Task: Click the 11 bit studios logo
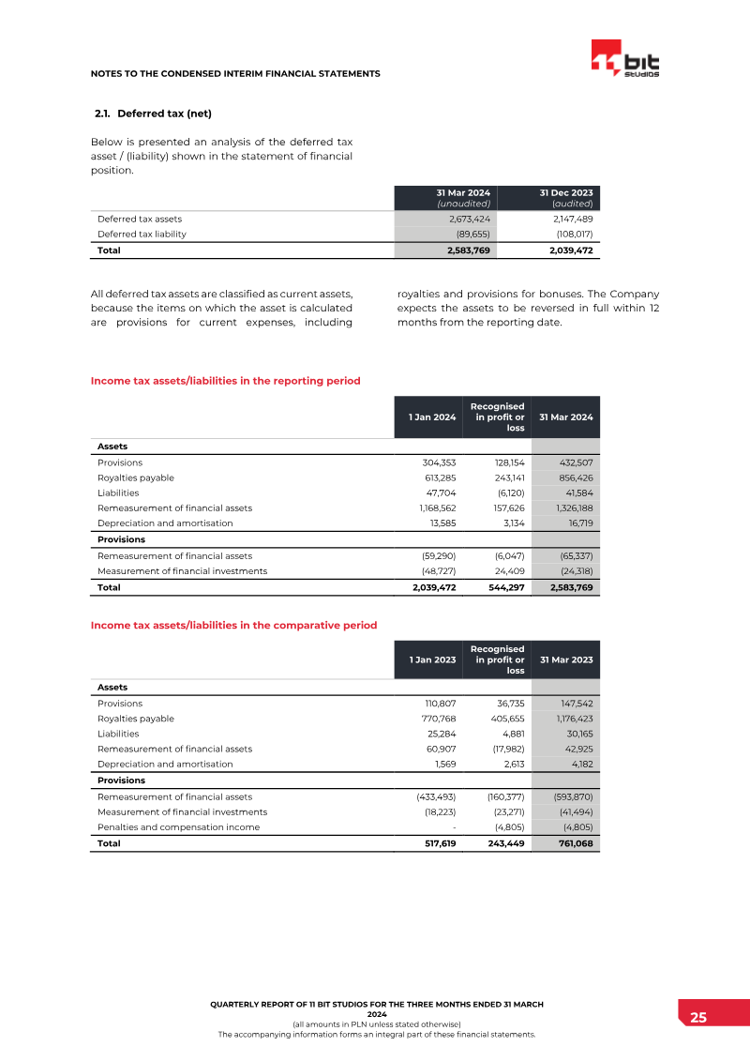tap(625, 61)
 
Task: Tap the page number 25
tap(698, 1018)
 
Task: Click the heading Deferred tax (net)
tap(154, 114)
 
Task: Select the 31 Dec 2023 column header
tap(565, 197)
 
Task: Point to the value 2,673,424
tap(466, 218)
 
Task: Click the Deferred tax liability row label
tap(142, 234)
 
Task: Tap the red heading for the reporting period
tap(225, 381)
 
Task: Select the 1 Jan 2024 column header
tap(432, 417)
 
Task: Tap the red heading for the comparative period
tap(233, 625)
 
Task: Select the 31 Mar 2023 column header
tap(566, 659)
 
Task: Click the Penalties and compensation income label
tap(179, 826)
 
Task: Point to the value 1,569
tap(443, 764)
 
